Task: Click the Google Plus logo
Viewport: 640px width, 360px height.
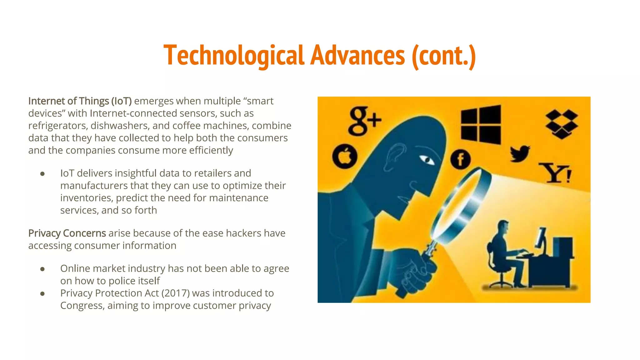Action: pyautogui.click(x=364, y=121)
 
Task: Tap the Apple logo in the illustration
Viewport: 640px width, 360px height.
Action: pyautogui.click(x=345, y=157)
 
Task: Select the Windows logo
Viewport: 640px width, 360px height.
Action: pyautogui.click(x=481, y=124)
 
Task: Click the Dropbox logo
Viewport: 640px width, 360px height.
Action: pyautogui.click(x=562, y=124)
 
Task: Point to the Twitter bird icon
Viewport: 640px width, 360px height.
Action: pyautogui.click(x=520, y=153)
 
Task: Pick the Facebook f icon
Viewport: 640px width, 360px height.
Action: pyautogui.click(x=460, y=159)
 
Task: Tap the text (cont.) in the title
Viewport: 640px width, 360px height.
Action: pyautogui.click(x=444, y=56)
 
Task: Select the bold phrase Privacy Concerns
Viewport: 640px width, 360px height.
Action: pyautogui.click(x=67, y=233)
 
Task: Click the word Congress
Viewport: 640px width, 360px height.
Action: pyautogui.click(x=82, y=305)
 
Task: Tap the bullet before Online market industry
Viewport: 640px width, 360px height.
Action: pyautogui.click(x=42, y=269)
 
